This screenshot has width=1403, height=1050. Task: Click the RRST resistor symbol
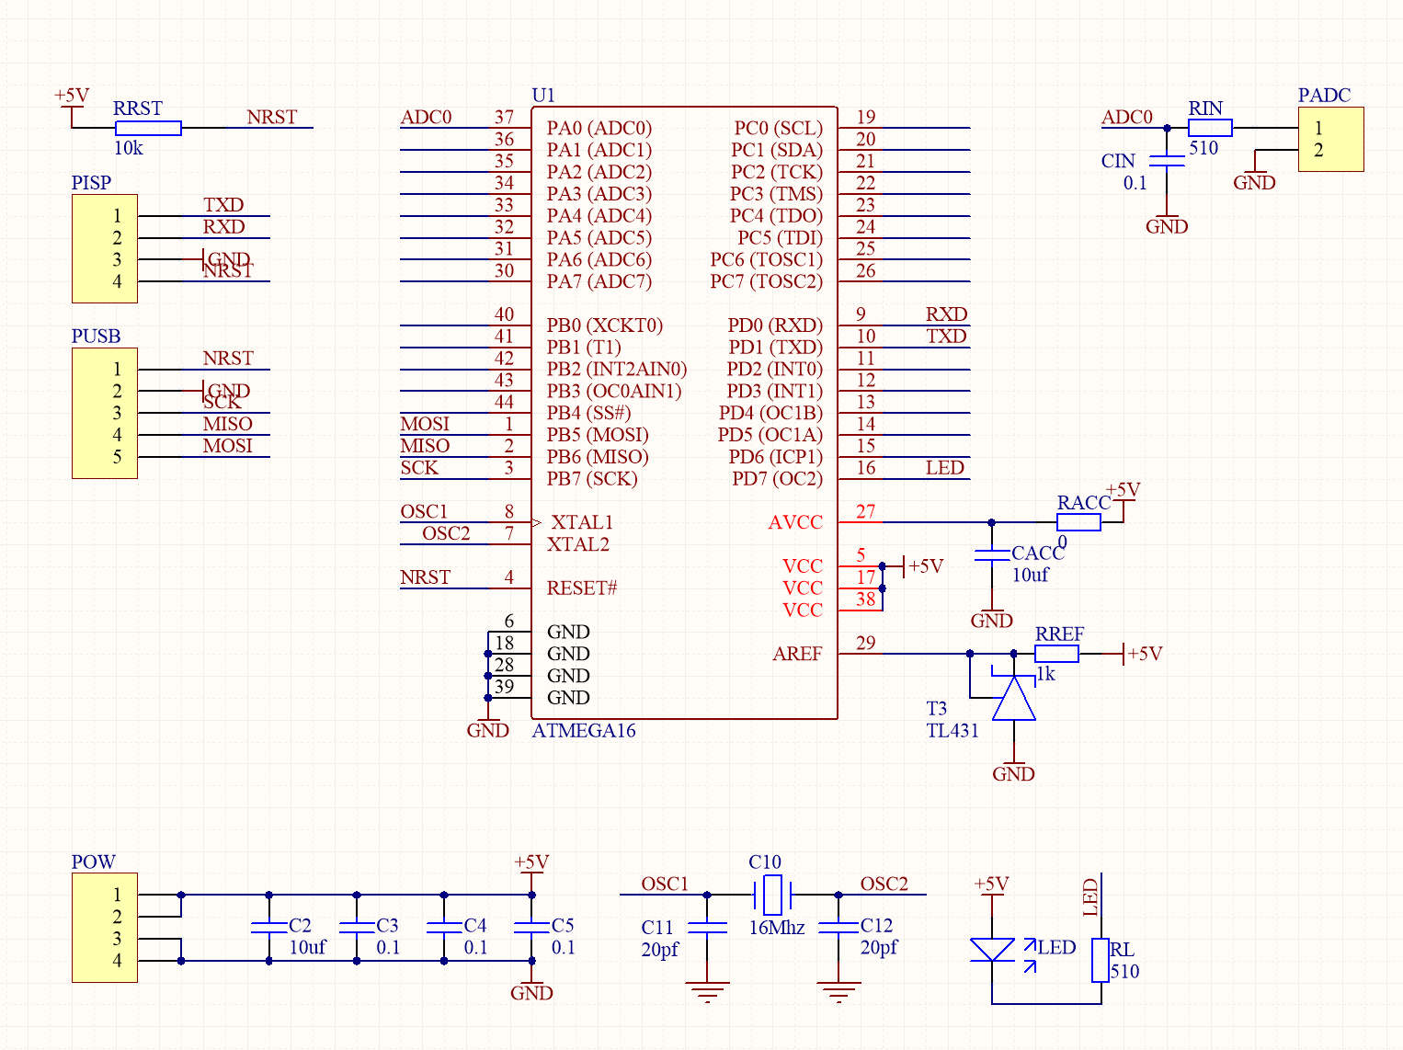click(148, 129)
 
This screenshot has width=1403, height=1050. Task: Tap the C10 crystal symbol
click(772, 894)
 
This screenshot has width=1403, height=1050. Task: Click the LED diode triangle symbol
click(992, 950)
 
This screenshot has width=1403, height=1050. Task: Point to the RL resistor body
click(1101, 960)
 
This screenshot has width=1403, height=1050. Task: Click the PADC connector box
click(1330, 140)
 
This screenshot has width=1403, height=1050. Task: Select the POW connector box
click(105, 927)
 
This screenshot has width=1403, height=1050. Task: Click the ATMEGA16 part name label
click(584, 731)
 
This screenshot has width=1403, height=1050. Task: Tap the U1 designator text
click(543, 96)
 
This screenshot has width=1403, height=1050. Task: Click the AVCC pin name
click(795, 522)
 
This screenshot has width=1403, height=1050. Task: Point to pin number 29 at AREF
click(865, 644)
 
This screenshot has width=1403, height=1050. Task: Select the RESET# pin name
click(582, 588)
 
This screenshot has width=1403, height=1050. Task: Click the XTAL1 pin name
click(582, 522)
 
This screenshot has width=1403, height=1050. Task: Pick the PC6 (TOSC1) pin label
click(766, 260)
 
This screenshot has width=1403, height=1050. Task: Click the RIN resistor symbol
click(1210, 129)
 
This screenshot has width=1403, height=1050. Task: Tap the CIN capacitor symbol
click(1167, 161)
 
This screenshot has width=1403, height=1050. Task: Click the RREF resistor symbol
click(1056, 654)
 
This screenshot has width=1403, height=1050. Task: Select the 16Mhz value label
click(776, 928)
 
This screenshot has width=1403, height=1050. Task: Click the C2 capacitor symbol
click(269, 927)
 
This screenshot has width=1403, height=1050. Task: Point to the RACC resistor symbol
click(1078, 522)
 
